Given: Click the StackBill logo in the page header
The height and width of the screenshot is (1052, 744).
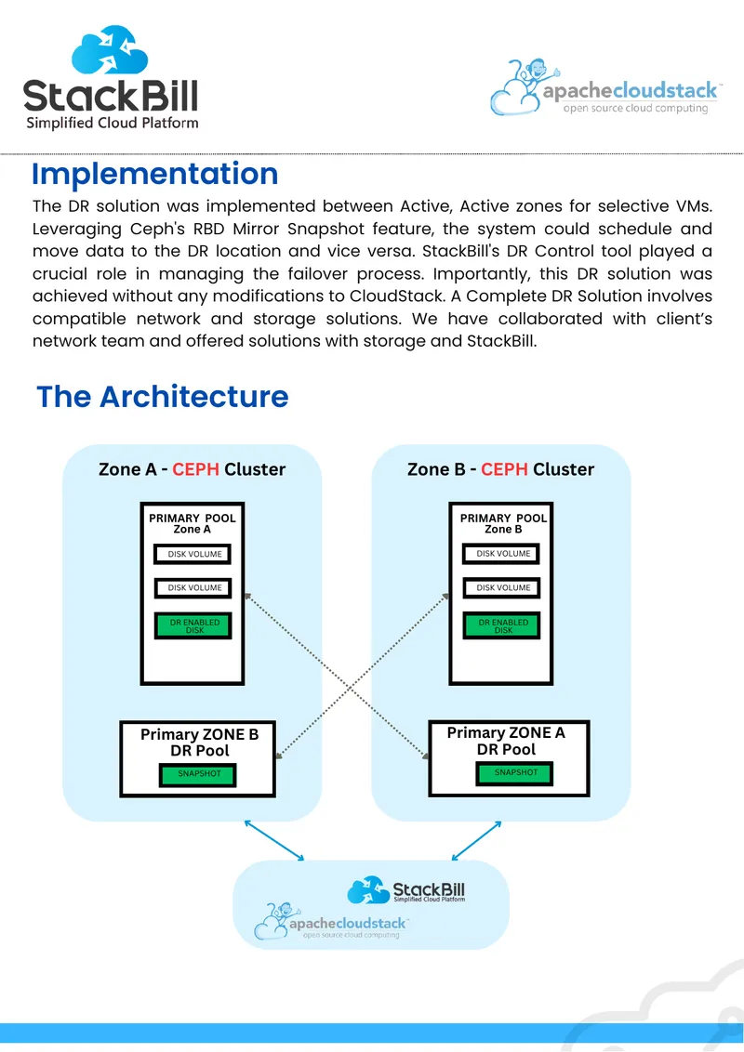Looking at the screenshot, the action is (111, 77).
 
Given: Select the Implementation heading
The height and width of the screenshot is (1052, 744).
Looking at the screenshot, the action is (155, 175).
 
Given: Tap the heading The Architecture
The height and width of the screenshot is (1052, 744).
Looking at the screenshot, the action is (163, 397).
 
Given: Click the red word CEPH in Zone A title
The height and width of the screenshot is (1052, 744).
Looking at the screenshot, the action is (195, 469).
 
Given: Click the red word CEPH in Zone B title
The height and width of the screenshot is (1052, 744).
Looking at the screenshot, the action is (504, 469).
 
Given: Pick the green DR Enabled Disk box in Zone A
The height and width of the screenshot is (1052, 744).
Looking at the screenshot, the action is (193, 626).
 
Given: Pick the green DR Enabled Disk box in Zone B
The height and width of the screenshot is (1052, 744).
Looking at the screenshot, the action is (502, 626).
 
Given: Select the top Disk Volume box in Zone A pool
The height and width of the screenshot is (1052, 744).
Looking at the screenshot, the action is (193, 554).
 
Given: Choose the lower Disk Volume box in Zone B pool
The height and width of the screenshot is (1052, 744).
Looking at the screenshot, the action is (502, 587).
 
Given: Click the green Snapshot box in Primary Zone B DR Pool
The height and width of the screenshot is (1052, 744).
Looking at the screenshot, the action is (199, 775).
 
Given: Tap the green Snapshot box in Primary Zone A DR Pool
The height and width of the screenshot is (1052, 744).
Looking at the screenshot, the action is (515, 773).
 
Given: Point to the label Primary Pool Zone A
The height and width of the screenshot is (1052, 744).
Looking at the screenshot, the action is (192, 523).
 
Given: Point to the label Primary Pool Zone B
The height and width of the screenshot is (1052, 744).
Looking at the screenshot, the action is (503, 523).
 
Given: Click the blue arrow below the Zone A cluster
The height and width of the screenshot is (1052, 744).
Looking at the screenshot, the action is (274, 840).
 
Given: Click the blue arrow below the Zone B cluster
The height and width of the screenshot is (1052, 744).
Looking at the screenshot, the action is (476, 840).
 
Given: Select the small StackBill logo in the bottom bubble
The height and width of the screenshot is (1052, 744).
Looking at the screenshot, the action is (406, 890).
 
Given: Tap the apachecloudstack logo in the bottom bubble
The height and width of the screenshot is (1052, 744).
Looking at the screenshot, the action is (331, 921).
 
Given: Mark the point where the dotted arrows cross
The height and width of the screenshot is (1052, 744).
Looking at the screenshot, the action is (351, 687).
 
